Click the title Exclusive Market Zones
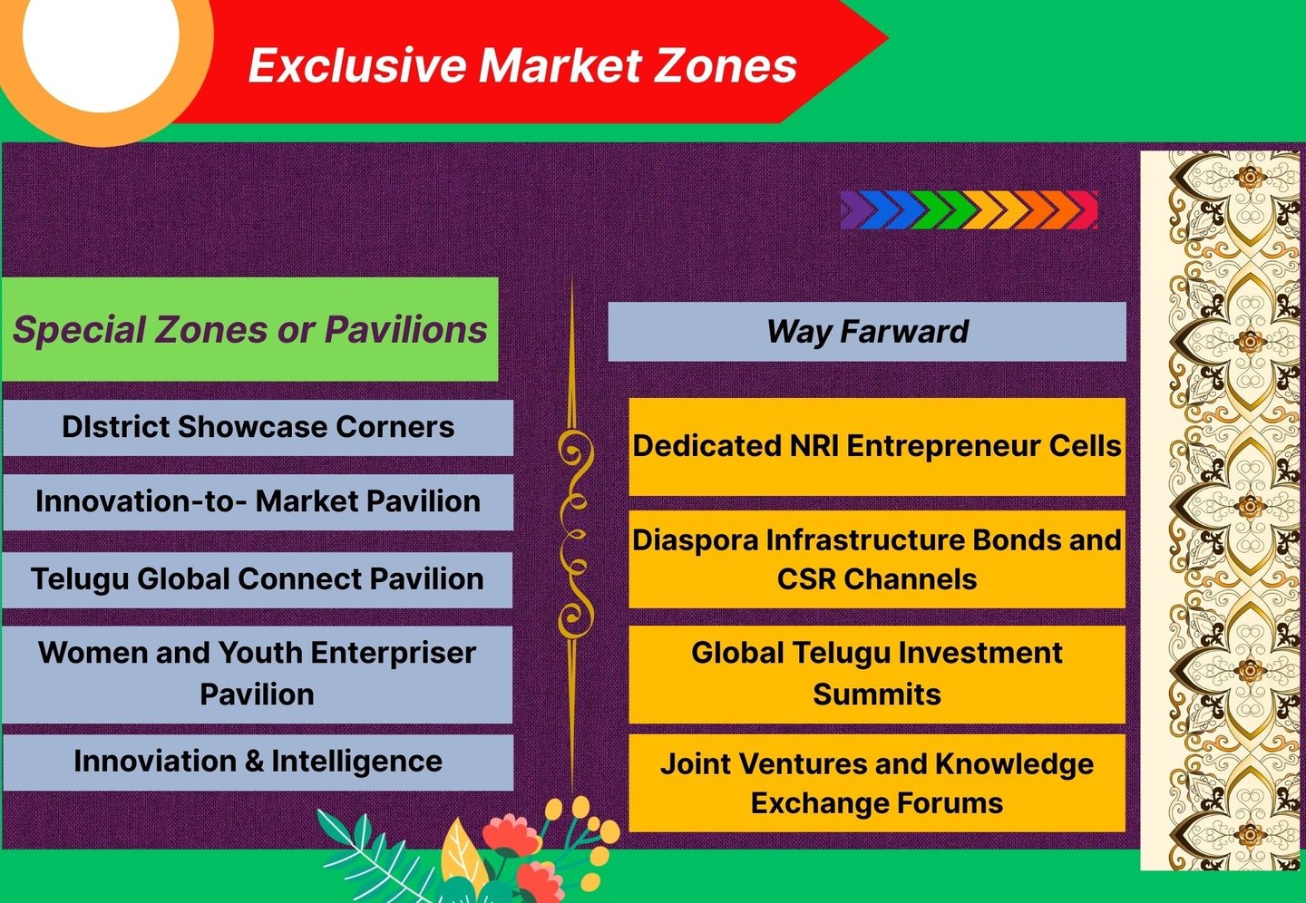click(x=522, y=65)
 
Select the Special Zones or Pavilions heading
click(x=249, y=330)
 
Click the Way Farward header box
click(x=866, y=332)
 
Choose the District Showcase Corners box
click(x=258, y=427)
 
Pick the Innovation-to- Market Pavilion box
click(x=258, y=501)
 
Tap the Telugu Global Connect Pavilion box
click(x=258, y=579)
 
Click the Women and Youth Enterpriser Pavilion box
click(x=258, y=674)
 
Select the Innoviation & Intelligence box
click(x=258, y=762)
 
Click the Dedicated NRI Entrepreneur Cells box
click(x=876, y=446)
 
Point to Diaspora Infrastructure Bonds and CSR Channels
click(x=876, y=558)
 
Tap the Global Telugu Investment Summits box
click(x=876, y=674)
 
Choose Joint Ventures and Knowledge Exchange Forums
click(x=876, y=783)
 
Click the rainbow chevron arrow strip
click(x=969, y=210)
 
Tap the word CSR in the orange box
click(x=806, y=579)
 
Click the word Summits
click(x=876, y=694)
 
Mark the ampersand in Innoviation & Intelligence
click(x=254, y=762)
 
